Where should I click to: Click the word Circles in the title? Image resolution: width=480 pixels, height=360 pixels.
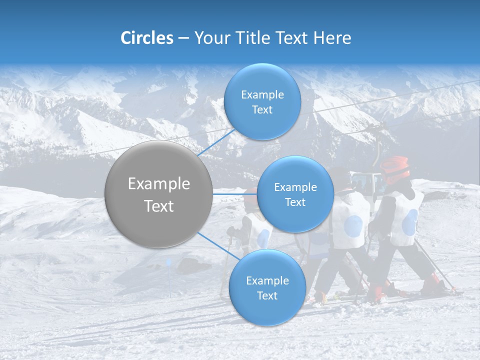147,37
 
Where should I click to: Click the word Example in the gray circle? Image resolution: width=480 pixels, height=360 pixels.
159,184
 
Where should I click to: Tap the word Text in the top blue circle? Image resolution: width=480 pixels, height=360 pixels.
262,110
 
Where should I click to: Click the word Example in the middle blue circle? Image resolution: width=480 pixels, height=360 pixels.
295,187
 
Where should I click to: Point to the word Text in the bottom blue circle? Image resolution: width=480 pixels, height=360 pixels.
267,295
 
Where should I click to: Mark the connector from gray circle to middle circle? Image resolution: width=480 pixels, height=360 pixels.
235,194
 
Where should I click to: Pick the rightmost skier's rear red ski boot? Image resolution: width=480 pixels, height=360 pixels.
433,285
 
